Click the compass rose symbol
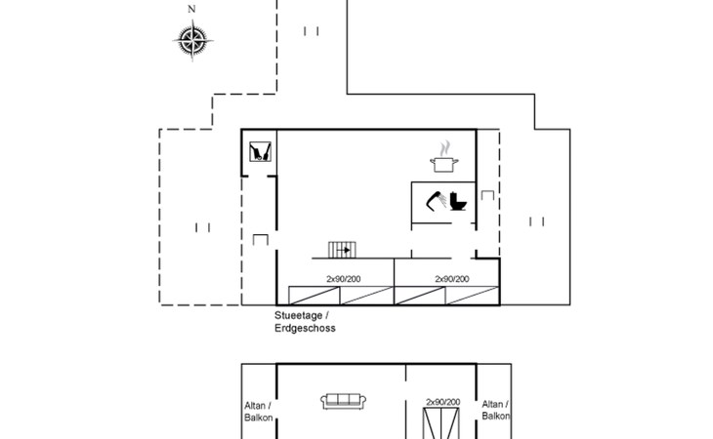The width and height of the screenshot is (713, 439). [x=191, y=40]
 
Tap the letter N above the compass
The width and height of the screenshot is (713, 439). [x=191, y=10]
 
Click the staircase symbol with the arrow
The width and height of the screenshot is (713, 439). [x=341, y=250]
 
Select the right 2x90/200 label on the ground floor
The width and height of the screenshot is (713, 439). [x=451, y=279]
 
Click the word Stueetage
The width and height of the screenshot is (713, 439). [x=300, y=316]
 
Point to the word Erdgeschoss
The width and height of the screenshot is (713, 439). [x=305, y=329]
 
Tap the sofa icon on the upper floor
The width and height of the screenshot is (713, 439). [x=343, y=401]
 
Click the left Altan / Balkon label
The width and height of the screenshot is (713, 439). [x=258, y=410]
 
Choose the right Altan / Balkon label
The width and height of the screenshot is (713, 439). [x=496, y=410]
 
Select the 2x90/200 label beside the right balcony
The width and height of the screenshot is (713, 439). [x=442, y=401]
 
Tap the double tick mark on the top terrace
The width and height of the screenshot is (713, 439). [x=312, y=31]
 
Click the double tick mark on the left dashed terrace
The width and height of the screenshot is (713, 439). [x=203, y=227]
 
